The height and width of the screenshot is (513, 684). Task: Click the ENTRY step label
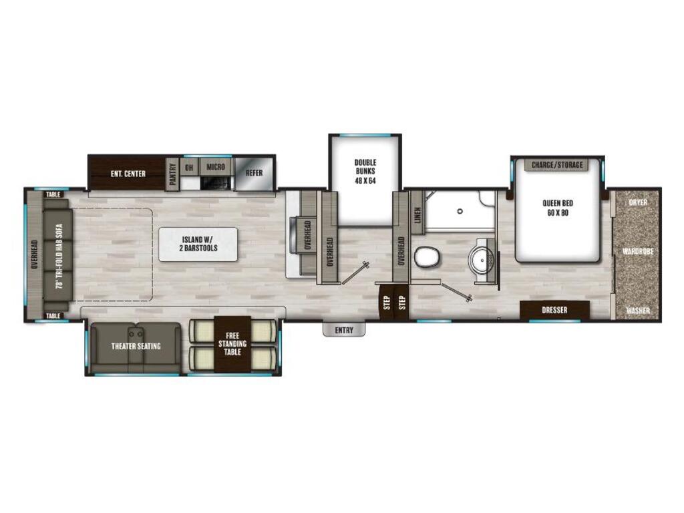click(344, 330)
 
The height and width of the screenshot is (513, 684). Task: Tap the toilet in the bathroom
click(427, 257)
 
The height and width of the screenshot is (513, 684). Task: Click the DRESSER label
click(554, 310)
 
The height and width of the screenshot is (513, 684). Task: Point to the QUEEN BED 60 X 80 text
click(558, 208)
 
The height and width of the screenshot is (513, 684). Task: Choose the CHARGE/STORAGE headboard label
click(557, 165)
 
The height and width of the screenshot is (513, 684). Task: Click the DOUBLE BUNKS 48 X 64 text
click(365, 172)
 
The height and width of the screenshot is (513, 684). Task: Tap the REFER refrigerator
click(254, 173)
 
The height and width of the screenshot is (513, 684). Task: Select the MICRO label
click(216, 167)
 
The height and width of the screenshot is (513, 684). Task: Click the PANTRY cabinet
click(173, 174)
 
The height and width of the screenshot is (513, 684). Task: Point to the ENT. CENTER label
click(128, 174)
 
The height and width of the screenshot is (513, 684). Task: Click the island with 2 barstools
click(198, 244)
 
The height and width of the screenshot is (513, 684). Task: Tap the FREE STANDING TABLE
click(232, 344)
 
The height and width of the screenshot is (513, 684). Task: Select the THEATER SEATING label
click(136, 347)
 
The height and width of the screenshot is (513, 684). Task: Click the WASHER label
click(638, 311)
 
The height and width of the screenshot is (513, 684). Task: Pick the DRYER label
click(638, 202)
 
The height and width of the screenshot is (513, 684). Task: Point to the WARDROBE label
click(638, 252)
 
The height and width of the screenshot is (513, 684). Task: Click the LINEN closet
click(417, 215)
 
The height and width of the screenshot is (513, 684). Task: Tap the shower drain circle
click(460, 211)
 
